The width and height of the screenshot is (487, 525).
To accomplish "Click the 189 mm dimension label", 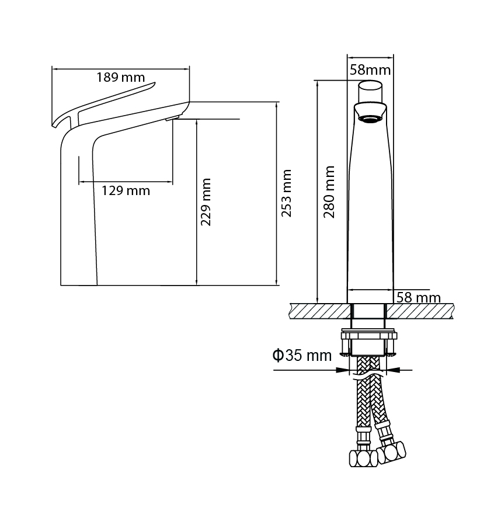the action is [x=121, y=77].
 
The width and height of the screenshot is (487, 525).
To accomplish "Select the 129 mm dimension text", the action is [x=126, y=191].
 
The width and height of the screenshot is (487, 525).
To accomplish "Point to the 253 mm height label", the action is [x=287, y=193].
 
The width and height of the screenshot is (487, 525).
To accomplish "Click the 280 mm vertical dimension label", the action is [x=329, y=192].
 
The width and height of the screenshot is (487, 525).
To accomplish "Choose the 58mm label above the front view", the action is [x=370, y=70].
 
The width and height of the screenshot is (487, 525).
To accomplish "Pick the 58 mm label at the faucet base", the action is [x=418, y=298].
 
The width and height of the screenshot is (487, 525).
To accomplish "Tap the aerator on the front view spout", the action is [x=370, y=119].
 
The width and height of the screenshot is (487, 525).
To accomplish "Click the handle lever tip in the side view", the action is [x=154, y=83].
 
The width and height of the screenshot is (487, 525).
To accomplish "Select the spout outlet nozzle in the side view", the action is [x=173, y=117].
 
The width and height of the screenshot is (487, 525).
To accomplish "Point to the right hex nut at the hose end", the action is [x=392, y=453].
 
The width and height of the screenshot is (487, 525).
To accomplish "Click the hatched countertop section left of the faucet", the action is [x=319, y=311].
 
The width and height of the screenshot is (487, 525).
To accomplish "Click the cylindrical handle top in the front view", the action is [x=370, y=92].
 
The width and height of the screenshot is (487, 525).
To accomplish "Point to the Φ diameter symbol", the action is [x=278, y=355].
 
